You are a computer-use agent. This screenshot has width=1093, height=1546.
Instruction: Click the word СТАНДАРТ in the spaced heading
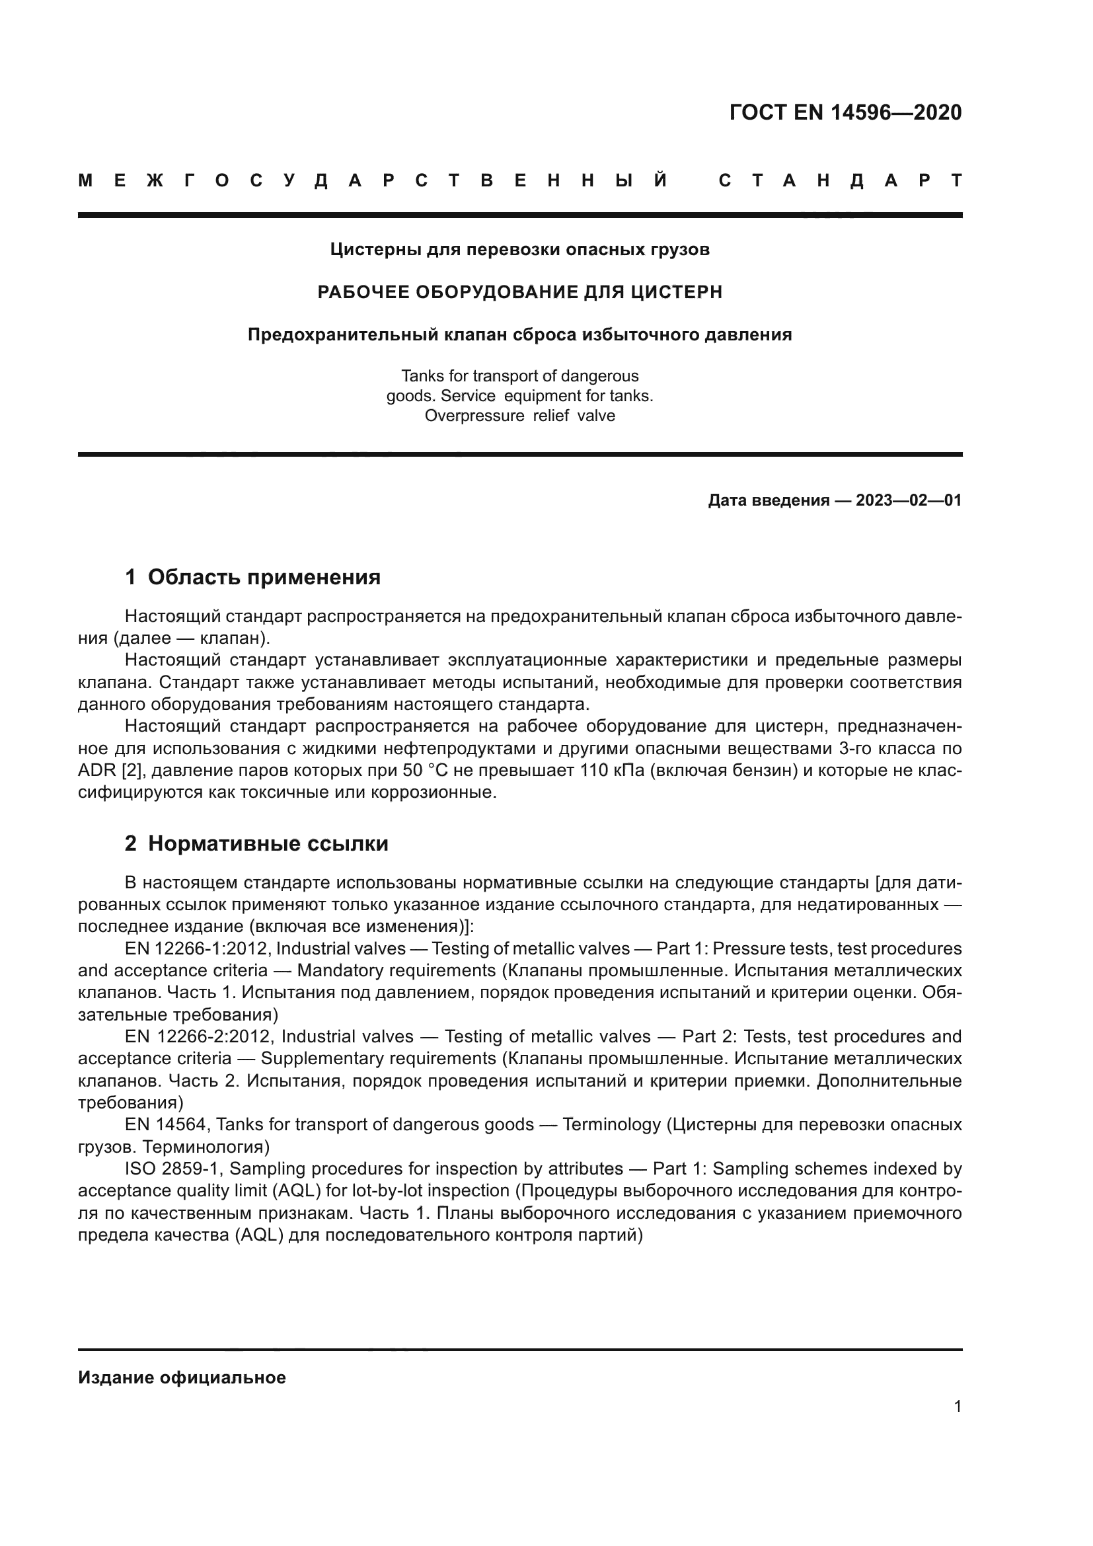coord(840,181)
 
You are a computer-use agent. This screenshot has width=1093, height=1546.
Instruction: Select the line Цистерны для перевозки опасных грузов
coord(519,250)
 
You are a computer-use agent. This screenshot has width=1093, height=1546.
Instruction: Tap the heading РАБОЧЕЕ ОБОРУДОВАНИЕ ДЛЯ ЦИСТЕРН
coord(519,292)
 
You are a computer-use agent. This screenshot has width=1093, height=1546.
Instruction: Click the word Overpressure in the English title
coord(474,416)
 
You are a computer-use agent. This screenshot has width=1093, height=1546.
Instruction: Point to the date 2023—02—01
coord(908,500)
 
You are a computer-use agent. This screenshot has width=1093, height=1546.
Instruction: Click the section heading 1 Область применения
coord(252,577)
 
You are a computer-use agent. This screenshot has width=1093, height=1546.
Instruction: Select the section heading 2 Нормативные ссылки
coord(256,843)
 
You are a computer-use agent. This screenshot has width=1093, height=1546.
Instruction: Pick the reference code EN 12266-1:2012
coord(196,948)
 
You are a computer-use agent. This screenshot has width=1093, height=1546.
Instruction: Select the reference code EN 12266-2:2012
coord(198,1036)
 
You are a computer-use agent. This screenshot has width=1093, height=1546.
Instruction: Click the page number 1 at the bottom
coord(957,1407)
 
